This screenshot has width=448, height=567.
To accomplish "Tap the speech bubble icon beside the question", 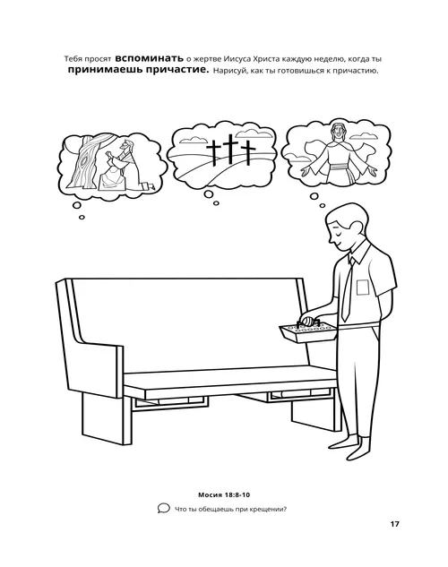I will (x=162, y=510).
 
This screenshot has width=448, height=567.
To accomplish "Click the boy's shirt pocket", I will (x=363, y=288).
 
